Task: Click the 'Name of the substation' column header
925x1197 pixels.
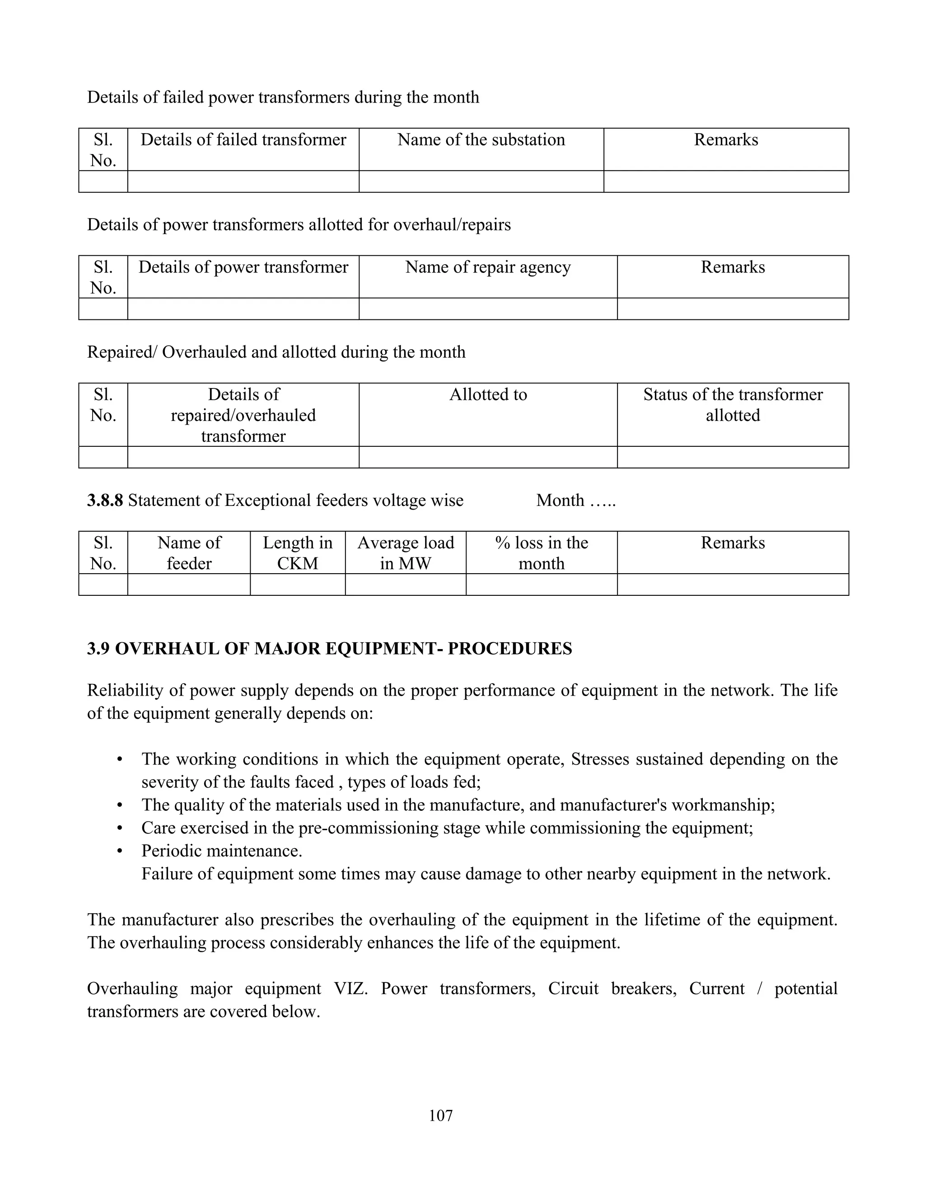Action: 481,140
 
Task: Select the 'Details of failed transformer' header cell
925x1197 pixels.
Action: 243,140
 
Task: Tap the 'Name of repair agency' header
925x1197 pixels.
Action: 488,267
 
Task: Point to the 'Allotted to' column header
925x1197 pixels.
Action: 488,395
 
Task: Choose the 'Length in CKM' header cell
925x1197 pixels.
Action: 298,552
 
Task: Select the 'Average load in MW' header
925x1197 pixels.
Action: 406,552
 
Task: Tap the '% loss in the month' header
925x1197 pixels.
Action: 542,552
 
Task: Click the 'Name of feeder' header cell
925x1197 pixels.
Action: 189,552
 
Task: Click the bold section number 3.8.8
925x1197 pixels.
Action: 105,500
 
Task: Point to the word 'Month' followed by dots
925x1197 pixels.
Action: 560,500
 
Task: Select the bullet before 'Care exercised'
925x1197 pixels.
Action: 119,828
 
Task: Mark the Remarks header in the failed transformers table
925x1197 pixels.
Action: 726,140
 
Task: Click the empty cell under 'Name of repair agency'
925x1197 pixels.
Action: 488,309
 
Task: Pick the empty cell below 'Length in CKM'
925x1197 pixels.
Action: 298,585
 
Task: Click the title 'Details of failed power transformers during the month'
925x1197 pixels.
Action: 283,97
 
